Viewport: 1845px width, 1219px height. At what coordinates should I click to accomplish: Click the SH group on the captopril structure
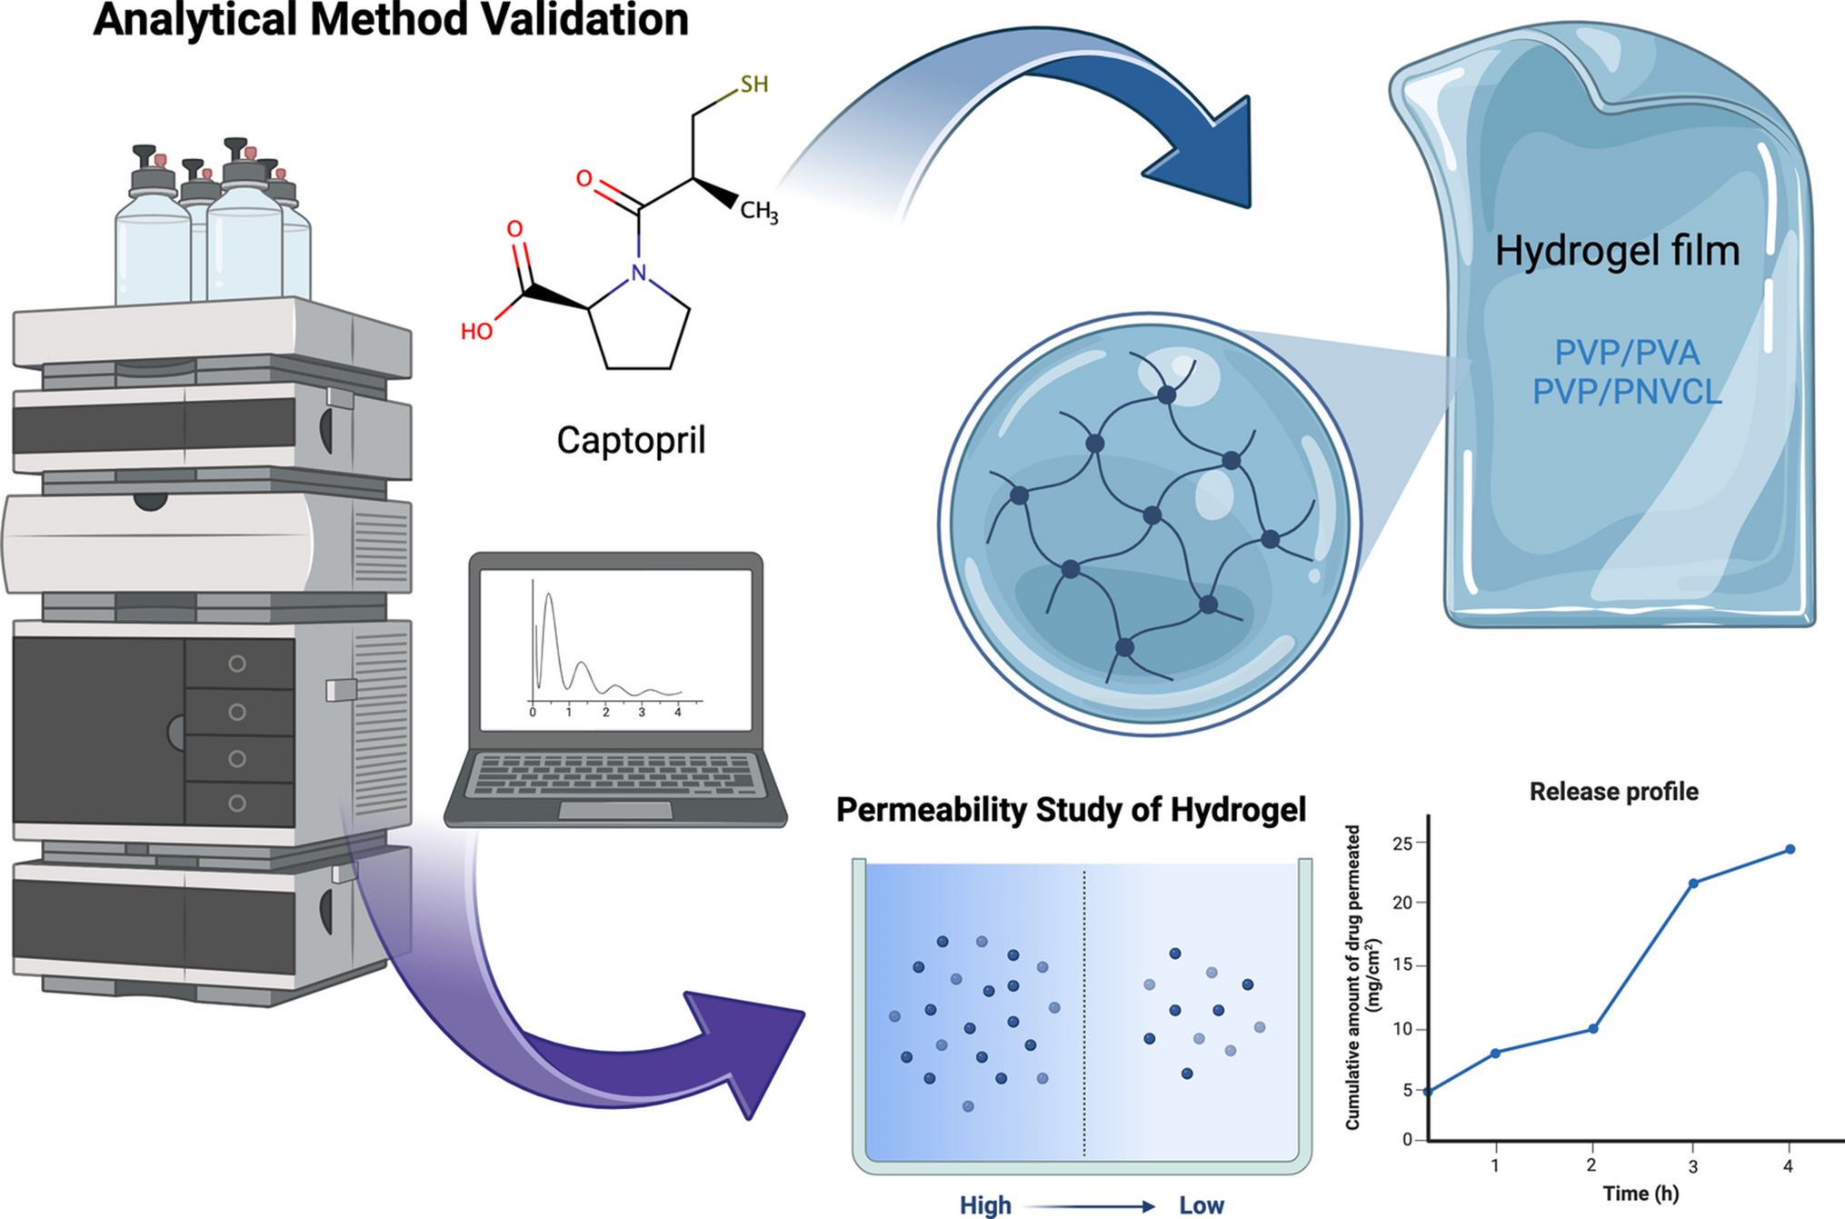(x=753, y=85)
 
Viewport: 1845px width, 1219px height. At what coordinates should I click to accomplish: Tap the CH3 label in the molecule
(x=758, y=212)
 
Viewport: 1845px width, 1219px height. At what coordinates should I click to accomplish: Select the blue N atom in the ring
(x=639, y=273)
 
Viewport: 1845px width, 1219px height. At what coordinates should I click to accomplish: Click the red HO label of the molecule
(x=476, y=332)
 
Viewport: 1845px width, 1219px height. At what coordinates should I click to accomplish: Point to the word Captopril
(x=631, y=441)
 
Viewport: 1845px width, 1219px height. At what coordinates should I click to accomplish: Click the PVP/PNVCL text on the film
(x=1627, y=393)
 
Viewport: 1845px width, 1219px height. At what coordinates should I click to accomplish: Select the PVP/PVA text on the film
(x=1627, y=353)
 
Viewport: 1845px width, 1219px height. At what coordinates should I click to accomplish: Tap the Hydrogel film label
(x=1617, y=251)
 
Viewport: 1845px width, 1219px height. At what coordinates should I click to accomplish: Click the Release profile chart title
(x=1613, y=792)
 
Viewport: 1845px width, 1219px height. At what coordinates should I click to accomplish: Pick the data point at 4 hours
(x=1790, y=849)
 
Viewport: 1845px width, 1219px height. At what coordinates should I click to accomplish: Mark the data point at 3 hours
(x=1693, y=884)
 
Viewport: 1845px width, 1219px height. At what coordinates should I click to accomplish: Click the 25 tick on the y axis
(x=1402, y=844)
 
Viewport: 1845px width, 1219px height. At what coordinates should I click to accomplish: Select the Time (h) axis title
(x=1641, y=1194)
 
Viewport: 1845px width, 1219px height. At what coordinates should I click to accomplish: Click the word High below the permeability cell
(x=985, y=1205)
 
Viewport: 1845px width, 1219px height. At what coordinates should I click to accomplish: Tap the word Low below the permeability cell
(x=1201, y=1205)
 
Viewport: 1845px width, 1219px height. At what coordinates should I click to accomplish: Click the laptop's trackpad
(x=615, y=810)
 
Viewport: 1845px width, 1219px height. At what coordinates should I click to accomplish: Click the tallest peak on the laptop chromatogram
(x=548, y=596)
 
